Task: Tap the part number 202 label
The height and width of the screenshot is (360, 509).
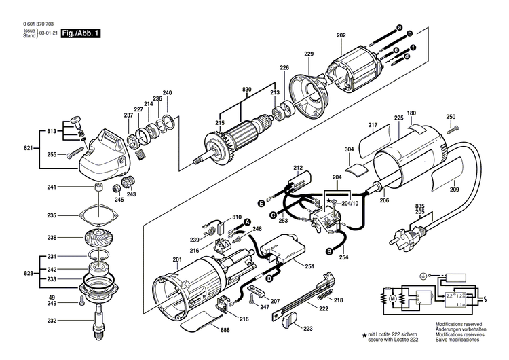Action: [x=341, y=35]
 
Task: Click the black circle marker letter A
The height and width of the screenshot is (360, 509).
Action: [x=248, y=223]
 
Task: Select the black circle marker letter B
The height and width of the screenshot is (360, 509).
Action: [x=329, y=251]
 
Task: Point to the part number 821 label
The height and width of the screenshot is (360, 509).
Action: [x=28, y=148]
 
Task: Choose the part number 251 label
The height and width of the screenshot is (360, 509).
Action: [x=309, y=266]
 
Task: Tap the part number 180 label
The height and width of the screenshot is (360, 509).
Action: [x=411, y=113]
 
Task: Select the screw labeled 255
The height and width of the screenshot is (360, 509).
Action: [x=76, y=155]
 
